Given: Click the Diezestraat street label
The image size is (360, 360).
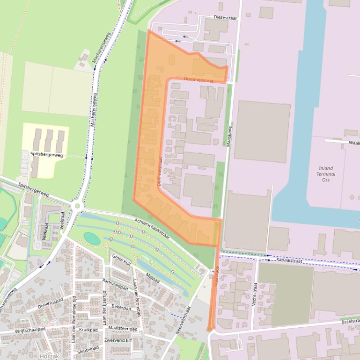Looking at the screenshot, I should coord(225,17).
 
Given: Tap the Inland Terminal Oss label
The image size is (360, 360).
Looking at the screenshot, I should coord(326,174).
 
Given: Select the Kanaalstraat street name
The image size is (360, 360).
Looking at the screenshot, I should coord(289,260).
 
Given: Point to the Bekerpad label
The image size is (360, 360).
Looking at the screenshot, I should coord(121,307).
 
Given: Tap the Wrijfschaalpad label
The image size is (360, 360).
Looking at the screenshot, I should coord(30,329).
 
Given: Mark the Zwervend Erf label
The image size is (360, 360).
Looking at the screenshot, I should coord(119,340).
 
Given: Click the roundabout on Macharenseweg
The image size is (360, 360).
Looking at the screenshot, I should coord(77,206).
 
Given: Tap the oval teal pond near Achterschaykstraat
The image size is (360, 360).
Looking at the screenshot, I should coord(92,238).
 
